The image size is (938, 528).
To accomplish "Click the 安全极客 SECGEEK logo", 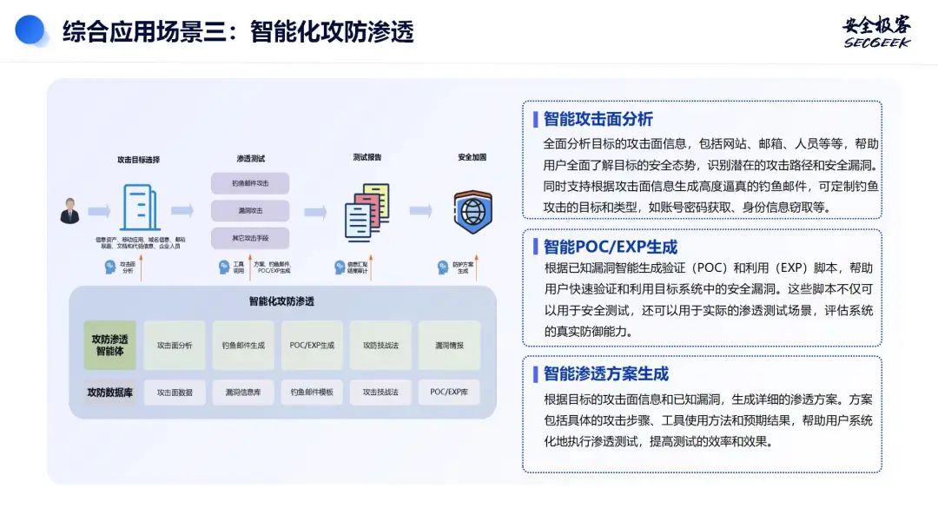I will point(876,31).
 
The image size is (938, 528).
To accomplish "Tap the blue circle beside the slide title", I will point(30,30).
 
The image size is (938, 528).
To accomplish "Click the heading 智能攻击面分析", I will point(598,119).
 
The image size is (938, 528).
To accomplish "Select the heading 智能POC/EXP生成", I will point(610,247).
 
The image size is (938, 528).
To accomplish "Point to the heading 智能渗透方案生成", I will point(605,374).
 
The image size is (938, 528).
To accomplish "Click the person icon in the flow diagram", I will point(69,210).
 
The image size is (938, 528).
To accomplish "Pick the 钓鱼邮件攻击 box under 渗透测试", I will point(250,183).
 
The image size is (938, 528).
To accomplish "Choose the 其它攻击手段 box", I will point(250,238).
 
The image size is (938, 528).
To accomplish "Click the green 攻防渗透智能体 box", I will point(109,346).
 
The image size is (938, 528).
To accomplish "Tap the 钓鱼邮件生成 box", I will point(243,346).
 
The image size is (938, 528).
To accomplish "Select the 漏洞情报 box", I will point(449,346).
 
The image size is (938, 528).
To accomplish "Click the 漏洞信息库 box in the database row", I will point(243,393).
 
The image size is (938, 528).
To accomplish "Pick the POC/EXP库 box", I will point(449,393).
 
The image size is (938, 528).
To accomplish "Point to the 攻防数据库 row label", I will point(109,393).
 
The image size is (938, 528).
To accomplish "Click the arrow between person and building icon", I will point(99,211).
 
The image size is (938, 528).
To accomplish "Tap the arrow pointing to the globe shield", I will point(420,211).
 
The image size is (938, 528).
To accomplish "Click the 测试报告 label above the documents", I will point(367,158).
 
